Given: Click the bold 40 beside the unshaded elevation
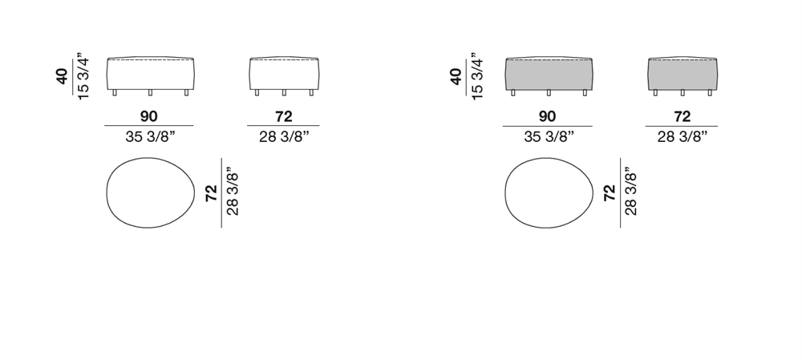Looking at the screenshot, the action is [62, 76].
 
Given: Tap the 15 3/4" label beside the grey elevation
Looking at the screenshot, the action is [476, 76].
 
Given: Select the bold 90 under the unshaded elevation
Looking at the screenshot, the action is [149, 116].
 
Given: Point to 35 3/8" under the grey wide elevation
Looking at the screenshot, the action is [549, 136].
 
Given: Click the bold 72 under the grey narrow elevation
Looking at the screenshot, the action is [682, 116].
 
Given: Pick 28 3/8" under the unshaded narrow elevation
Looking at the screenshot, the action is [284, 136].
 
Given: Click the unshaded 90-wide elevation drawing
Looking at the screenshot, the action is [151, 75].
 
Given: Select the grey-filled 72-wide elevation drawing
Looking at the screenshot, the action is [683, 75].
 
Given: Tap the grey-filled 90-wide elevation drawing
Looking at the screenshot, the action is [549, 75].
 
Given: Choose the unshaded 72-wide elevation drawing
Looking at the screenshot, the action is [285, 75].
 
